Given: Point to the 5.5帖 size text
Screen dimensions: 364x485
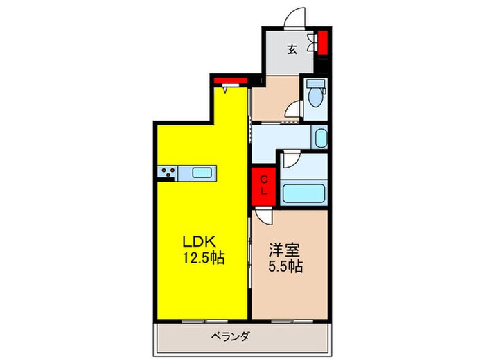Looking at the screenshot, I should point(285,266).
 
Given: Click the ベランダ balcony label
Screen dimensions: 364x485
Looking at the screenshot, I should point(231,337).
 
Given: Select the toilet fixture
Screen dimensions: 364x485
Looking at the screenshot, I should point(316,95).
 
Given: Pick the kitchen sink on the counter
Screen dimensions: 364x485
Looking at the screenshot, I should point(202,173).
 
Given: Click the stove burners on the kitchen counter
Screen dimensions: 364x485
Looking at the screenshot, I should point(167,173).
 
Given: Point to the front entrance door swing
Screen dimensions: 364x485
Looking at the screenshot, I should point(297,18).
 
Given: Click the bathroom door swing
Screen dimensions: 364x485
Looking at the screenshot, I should point(290,159).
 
